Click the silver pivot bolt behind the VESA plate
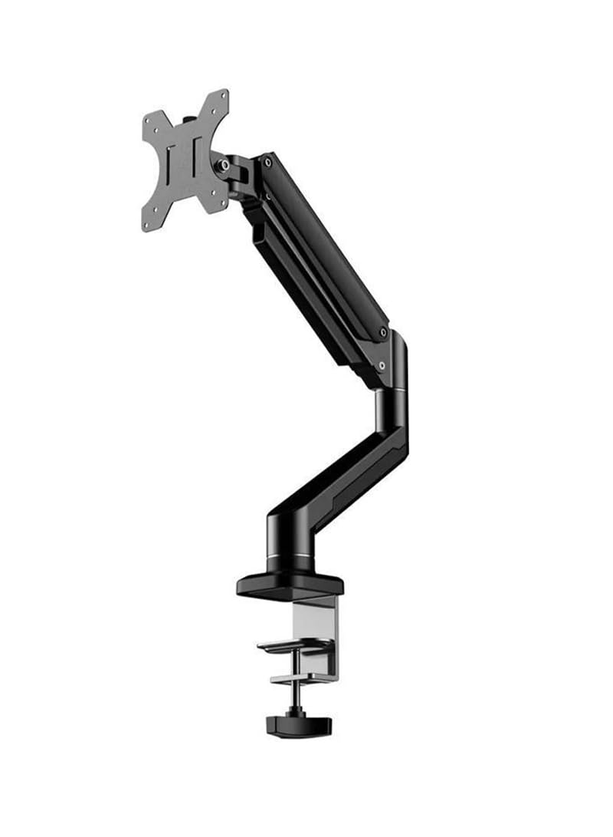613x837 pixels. point(223,164)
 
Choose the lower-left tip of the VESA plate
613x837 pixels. point(147,226)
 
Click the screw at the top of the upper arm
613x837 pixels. point(267,162)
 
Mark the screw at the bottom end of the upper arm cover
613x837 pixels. point(382,332)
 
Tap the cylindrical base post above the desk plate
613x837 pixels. point(290,537)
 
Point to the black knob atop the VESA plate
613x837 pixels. point(188,120)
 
